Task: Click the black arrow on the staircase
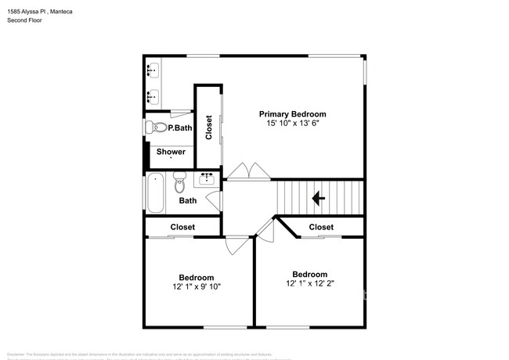319,199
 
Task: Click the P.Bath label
179,128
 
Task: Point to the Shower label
171,152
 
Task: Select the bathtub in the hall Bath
155,193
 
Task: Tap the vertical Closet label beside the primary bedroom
209,128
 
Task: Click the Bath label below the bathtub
188,201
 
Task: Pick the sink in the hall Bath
208,179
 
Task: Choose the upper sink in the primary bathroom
153,70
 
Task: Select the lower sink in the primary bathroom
153,96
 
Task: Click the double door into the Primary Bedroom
250,171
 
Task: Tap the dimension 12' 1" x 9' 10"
196,286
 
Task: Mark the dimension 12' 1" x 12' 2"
309,283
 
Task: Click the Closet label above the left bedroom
182,227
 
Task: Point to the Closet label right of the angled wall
321,227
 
